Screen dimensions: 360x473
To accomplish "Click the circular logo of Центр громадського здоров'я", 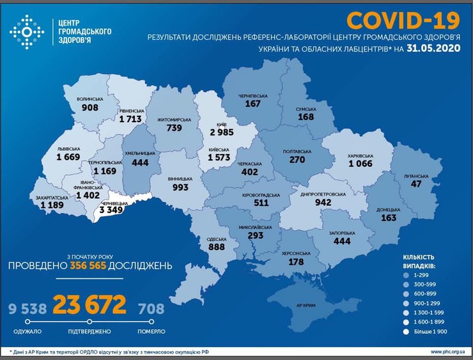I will [x=27, y=31].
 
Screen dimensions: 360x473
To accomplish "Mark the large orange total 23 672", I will [x=89, y=306].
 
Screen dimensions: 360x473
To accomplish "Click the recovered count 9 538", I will [x=27, y=308].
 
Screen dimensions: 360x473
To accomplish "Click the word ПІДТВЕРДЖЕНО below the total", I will [x=89, y=332].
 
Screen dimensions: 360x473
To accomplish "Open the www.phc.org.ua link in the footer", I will [x=447, y=352].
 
